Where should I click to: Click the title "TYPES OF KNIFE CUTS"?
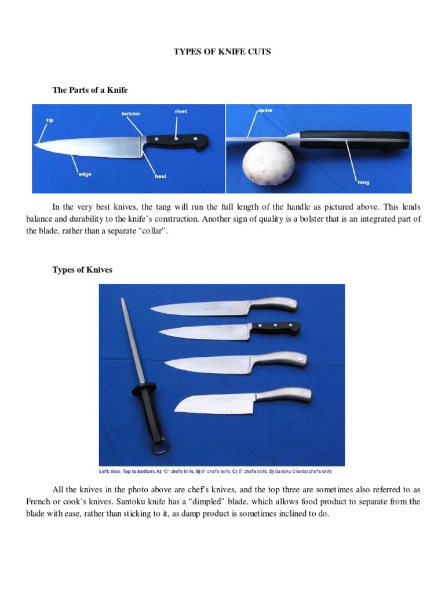222,52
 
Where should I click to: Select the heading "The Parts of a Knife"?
90,90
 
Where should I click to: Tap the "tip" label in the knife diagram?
50,120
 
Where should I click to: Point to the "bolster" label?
130,114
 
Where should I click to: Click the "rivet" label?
181,111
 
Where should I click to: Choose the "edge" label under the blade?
85,174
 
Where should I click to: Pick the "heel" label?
161,176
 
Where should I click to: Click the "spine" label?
265,110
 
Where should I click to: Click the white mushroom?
266,168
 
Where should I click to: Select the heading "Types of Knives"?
83,269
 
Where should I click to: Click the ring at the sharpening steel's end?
161,448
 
